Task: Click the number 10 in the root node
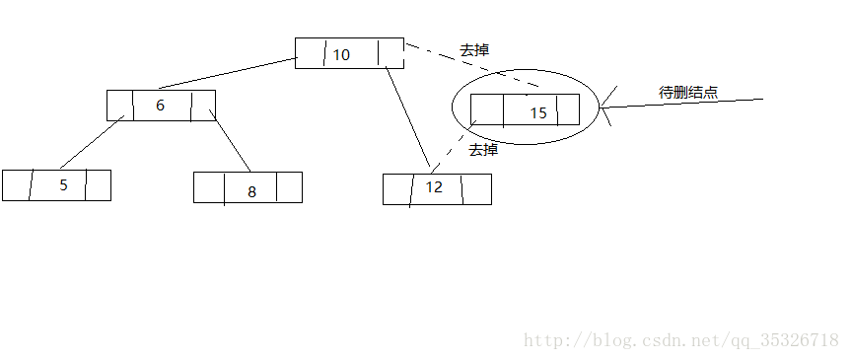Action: coord(340,54)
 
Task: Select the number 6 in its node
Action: coord(160,106)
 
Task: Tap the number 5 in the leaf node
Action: coord(63,184)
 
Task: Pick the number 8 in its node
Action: coord(251,191)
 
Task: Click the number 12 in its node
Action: coord(435,186)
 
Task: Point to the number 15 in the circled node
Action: coord(537,112)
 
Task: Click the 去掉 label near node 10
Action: coord(474,49)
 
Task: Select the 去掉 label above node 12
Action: coord(483,150)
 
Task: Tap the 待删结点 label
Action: coord(688,93)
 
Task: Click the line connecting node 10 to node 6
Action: coord(227,74)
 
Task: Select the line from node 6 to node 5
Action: coord(91,141)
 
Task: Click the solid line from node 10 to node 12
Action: coord(408,118)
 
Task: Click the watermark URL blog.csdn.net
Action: coord(680,340)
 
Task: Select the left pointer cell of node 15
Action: coord(487,109)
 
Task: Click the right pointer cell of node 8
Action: coord(289,187)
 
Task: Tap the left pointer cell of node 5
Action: coord(17,184)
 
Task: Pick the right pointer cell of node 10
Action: coord(391,53)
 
